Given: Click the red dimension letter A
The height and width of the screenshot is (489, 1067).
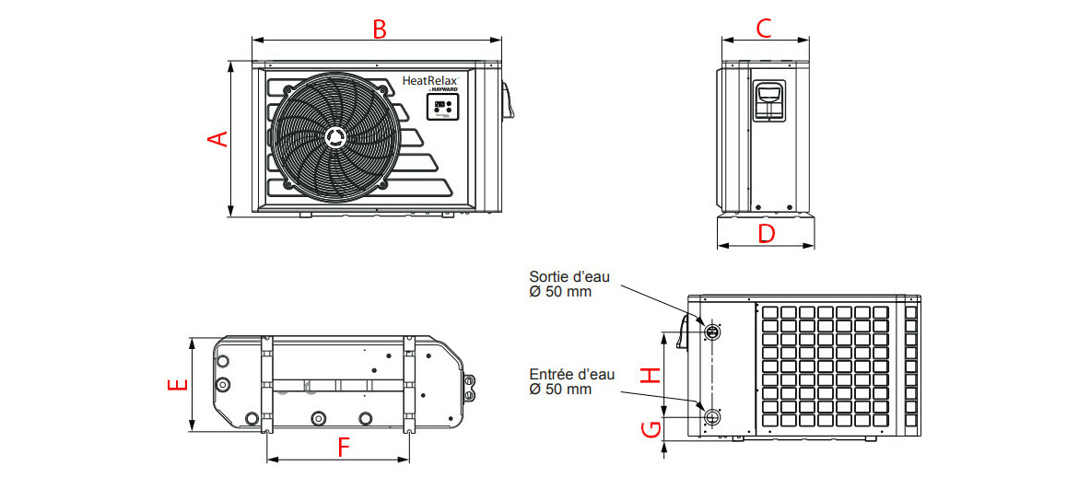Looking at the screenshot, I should point(217,139).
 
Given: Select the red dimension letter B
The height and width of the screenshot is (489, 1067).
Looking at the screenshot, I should point(379,29).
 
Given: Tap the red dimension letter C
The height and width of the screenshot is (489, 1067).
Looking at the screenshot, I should point(763,29).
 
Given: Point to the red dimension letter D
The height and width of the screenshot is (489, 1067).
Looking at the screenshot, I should point(766,234).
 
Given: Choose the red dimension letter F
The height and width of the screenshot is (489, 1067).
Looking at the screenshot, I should point(344,448).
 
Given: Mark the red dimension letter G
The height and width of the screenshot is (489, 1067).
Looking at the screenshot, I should point(651,429).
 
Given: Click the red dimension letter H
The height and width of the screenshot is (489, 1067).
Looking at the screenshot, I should point(651,375).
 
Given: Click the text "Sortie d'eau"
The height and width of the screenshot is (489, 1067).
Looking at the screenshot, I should point(569,276).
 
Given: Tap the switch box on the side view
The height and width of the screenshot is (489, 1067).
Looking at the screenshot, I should point(768,99).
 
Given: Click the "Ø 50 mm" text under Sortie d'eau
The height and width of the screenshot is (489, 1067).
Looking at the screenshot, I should point(560,292).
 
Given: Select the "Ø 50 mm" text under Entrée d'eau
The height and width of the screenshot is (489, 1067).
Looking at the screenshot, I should point(560,390).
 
